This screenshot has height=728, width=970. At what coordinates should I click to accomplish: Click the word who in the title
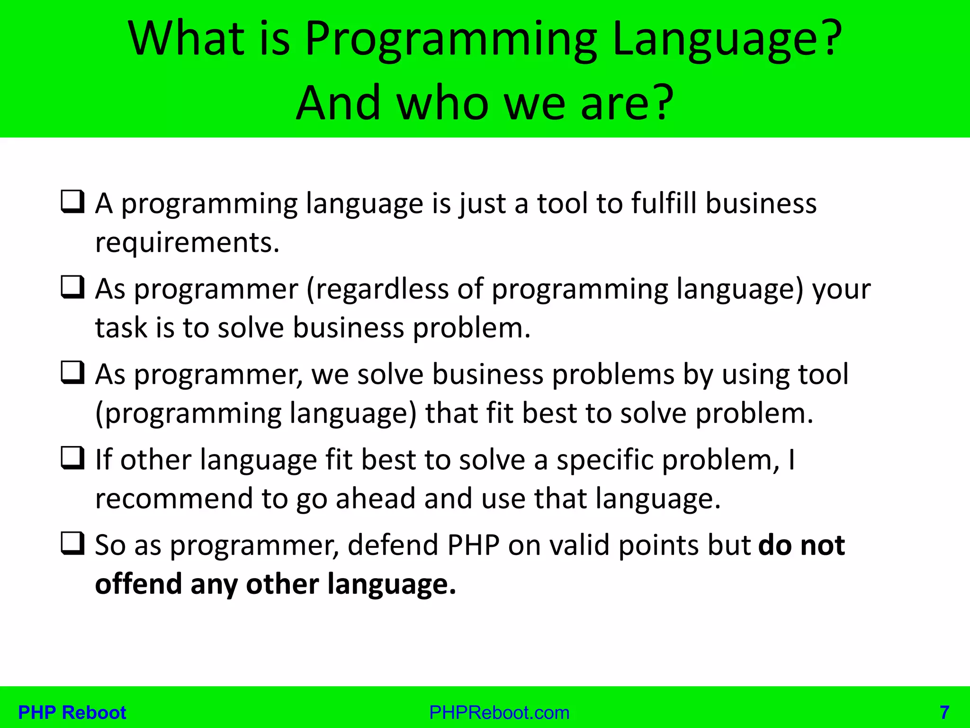[442, 103]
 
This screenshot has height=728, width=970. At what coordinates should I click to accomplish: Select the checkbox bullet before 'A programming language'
[73, 202]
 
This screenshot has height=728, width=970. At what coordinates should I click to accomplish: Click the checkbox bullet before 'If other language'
[73, 458]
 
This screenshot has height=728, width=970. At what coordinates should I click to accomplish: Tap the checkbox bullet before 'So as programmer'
[73, 544]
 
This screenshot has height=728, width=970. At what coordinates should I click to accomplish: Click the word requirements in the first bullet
[187, 243]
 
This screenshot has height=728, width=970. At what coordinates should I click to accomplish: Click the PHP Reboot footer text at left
[72, 712]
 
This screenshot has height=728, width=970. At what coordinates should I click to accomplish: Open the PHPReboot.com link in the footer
[499, 712]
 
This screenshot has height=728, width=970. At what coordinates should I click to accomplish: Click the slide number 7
[944, 712]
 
